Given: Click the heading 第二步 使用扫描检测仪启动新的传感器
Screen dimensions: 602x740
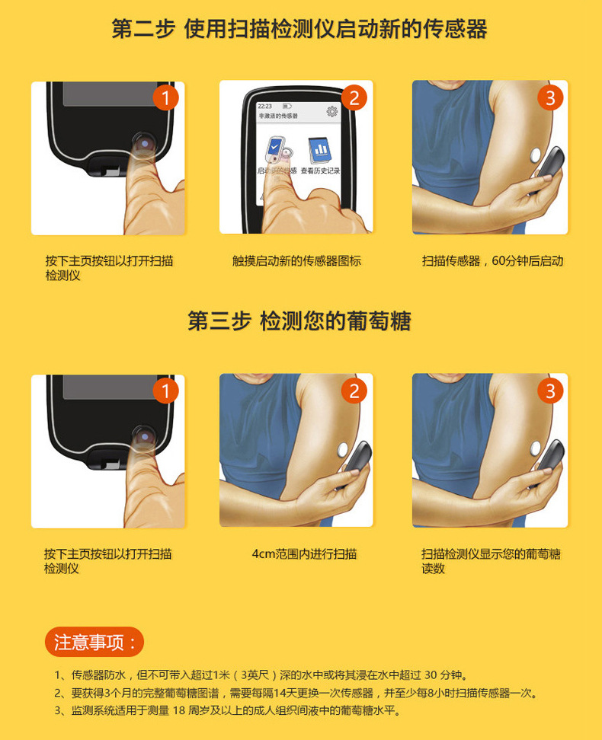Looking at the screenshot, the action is click(x=299, y=29).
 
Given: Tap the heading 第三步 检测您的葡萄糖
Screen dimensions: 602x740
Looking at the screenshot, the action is click(x=299, y=321).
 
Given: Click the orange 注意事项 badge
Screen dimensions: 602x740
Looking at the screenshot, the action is click(x=94, y=642).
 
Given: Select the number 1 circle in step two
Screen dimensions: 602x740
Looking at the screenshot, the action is click(x=165, y=98).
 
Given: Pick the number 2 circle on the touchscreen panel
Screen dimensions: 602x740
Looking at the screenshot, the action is click(x=354, y=98).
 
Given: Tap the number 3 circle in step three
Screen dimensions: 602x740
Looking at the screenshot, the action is click(x=550, y=391).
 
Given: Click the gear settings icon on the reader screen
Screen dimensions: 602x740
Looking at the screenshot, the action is click(x=332, y=111).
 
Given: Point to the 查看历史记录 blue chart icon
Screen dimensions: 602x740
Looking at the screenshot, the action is click(x=320, y=151).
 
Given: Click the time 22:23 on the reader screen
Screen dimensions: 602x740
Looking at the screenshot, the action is click(x=265, y=106).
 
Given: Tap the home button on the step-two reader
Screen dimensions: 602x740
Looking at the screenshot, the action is click(x=144, y=143).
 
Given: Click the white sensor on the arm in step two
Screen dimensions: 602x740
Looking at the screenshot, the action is click(x=536, y=155).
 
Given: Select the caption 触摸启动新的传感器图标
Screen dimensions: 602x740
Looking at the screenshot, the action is click(x=296, y=261).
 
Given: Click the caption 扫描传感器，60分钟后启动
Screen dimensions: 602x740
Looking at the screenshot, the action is click(x=492, y=261).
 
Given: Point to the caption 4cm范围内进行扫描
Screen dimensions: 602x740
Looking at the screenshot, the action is click(x=304, y=553).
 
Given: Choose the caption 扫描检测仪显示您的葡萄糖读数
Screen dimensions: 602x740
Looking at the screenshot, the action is click(x=491, y=561).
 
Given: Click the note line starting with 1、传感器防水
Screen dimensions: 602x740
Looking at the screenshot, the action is click(x=261, y=675).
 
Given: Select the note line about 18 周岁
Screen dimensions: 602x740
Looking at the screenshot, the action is click(x=228, y=710).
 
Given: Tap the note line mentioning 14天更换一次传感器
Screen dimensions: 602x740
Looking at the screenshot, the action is click(x=296, y=693).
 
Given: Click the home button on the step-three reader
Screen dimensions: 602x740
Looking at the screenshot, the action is click(x=144, y=436).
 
